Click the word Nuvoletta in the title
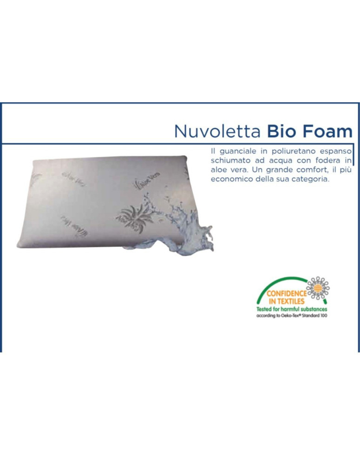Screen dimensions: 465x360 tap(217, 131)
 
